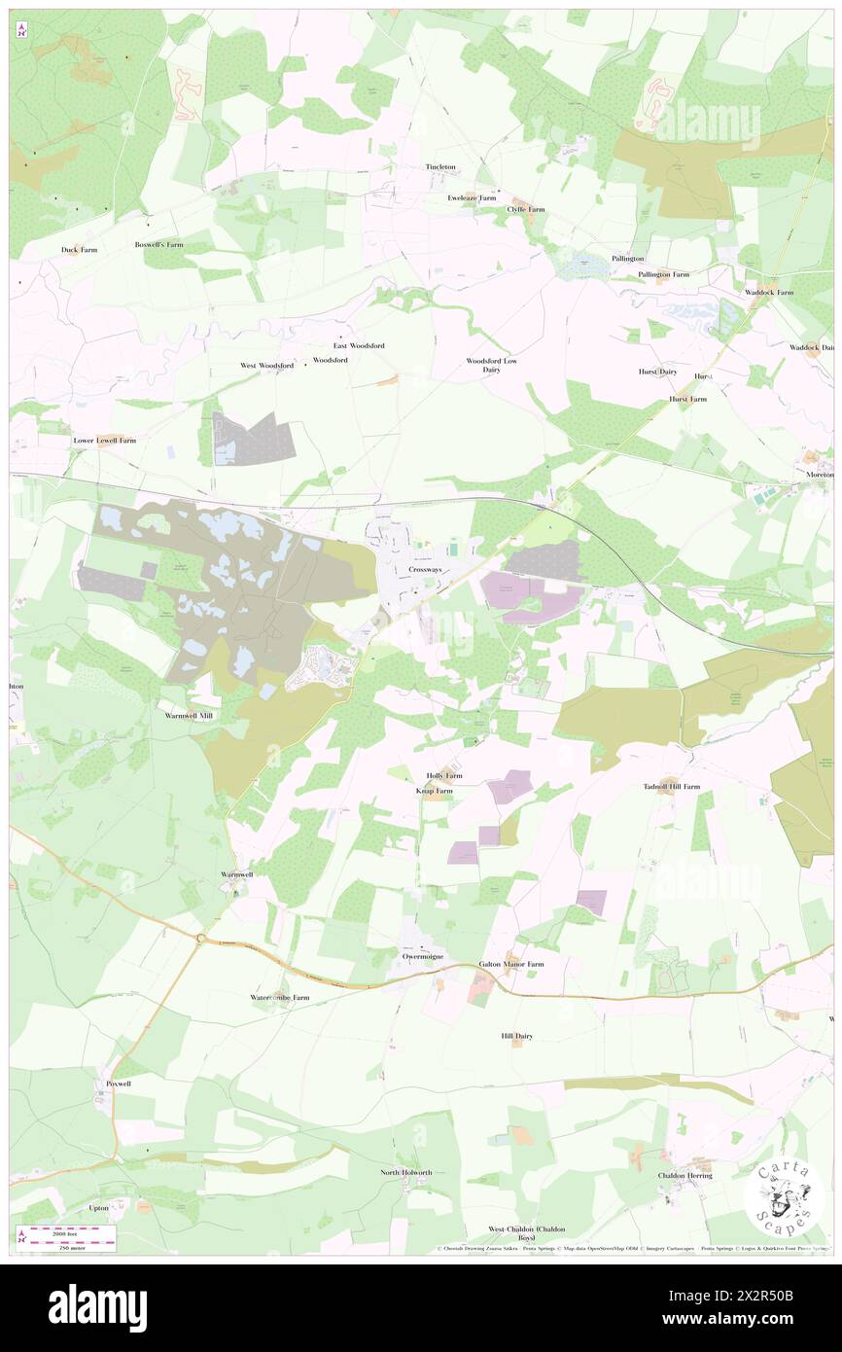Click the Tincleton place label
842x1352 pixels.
440,167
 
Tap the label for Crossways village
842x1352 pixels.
425,569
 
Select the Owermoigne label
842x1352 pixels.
423,955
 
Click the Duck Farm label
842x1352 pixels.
80,250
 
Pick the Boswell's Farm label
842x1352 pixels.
159,244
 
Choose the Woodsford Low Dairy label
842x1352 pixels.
491,365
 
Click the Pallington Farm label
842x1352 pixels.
663,274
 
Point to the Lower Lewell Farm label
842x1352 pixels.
105,440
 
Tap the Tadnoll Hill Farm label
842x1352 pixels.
672,786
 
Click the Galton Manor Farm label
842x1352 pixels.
511,964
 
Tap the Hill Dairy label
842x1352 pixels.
517,1036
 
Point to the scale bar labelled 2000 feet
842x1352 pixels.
70,1230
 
